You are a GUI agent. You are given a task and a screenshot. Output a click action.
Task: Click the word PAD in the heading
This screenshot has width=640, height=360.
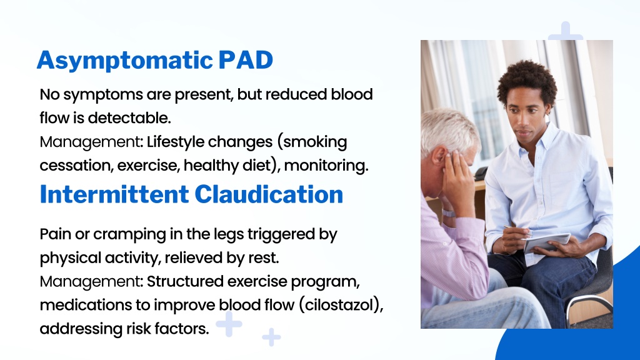(x=246, y=60)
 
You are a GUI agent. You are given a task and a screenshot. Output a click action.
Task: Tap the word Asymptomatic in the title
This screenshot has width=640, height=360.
(x=125, y=61)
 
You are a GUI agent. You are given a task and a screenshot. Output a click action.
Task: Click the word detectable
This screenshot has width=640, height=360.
(x=129, y=118)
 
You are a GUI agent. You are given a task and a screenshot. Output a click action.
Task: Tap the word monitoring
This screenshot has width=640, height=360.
(x=326, y=166)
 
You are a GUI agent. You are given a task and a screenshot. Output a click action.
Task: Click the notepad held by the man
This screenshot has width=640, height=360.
(x=547, y=242)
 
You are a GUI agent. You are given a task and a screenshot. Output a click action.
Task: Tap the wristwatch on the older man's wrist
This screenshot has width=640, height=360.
(x=448, y=213)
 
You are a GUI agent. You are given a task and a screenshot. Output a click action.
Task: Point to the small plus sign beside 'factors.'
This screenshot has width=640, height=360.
(x=229, y=324)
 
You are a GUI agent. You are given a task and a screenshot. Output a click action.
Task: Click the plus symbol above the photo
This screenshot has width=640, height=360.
(x=565, y=31)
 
